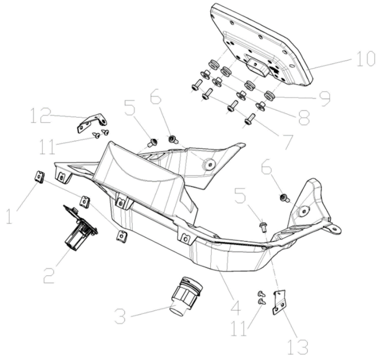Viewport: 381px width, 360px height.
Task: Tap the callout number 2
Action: coord(49,275)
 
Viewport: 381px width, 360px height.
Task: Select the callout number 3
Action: coord(120,316)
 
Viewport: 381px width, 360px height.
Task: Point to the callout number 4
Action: coord(235,307)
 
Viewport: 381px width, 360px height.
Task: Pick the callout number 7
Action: coord(287,141)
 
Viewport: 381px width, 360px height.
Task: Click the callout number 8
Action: coord(304,118)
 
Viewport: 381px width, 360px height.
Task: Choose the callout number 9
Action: coord(324,99)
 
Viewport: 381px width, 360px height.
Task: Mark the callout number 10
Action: coord(366,58)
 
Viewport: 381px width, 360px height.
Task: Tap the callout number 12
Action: coord(40,115)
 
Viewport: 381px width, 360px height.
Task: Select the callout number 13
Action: coord(298,346)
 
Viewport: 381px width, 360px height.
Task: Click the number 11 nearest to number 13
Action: coord(240,328)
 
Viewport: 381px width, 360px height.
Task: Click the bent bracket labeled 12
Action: coord(92,122)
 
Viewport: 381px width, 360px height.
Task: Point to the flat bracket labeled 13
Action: coord(279,302)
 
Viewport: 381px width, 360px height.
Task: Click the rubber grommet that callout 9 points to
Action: coord(268,95)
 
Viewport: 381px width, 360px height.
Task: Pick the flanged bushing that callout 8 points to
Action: coord(261,106)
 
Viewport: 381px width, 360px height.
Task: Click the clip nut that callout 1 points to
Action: coord(39,177)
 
